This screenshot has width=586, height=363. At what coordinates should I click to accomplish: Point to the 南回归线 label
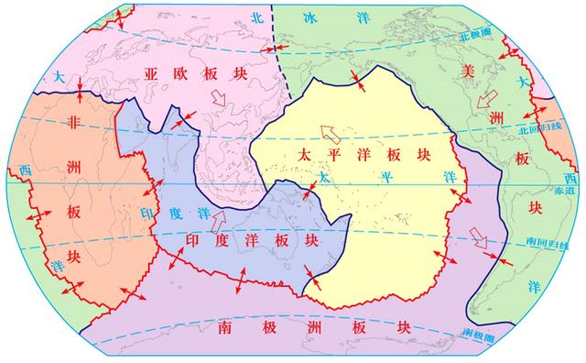(542, 243)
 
